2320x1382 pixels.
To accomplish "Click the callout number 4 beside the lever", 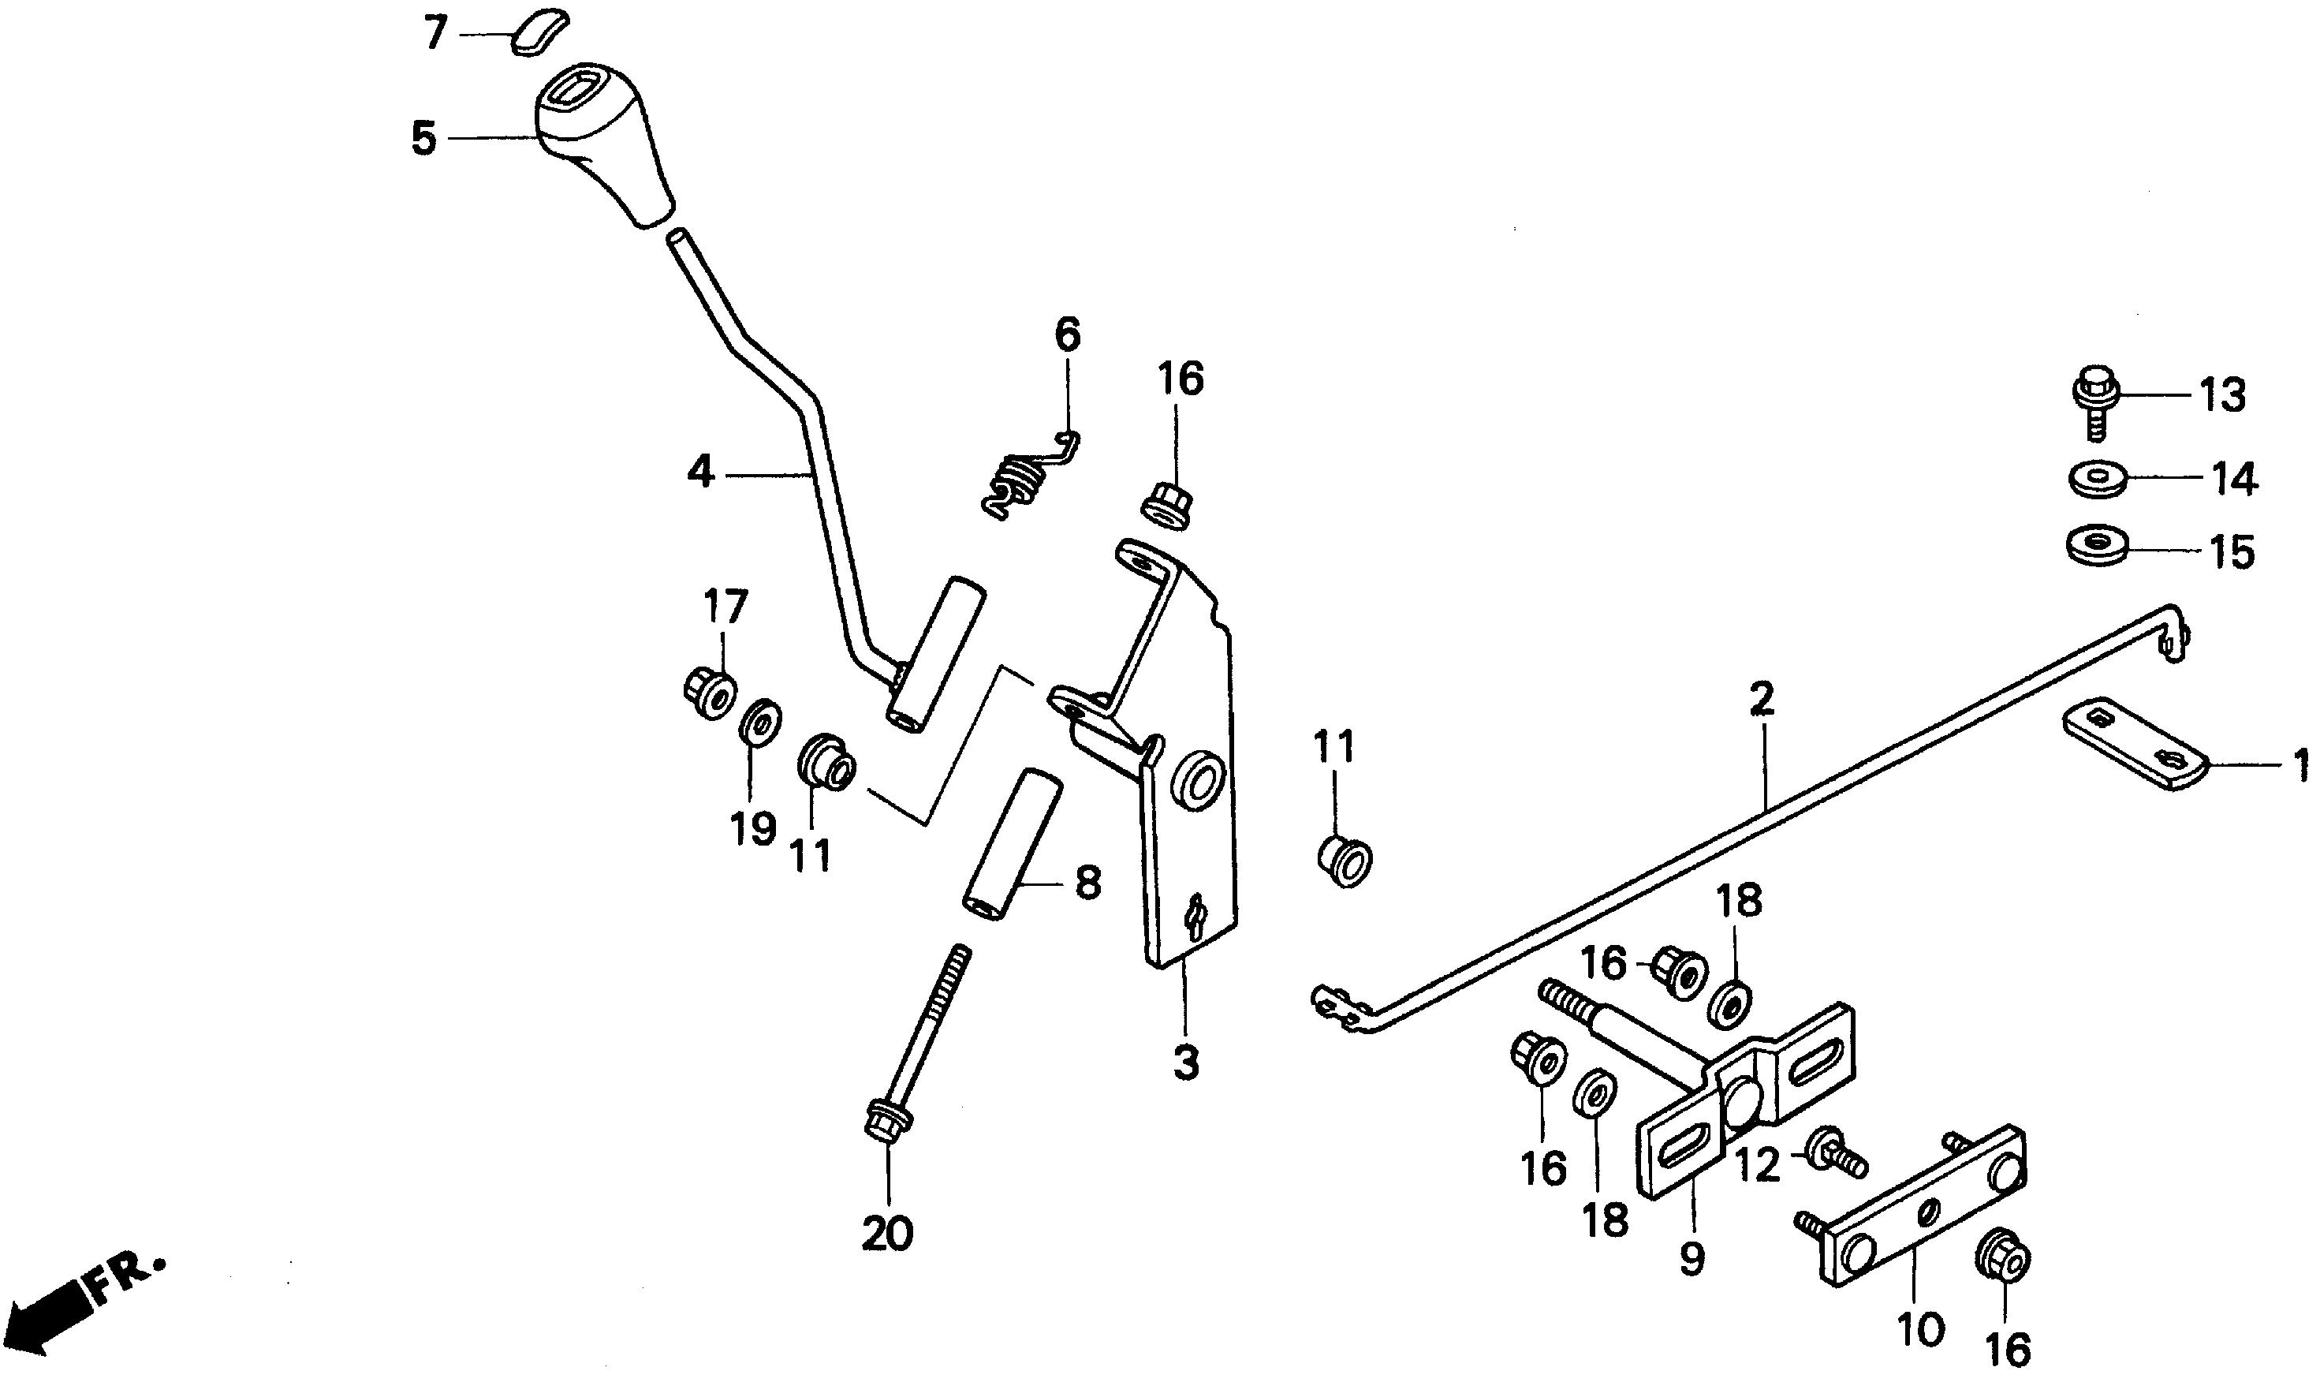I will tap(700, 473).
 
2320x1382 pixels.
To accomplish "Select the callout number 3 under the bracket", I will tap(1185, 1063).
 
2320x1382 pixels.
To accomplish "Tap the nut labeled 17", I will tap(707, 691).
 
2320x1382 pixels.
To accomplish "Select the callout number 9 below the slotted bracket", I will tap(1692, 1258).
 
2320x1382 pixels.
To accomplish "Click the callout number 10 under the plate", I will tap(1919, 1328).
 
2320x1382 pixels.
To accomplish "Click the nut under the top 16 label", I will tap(1166, 506).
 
